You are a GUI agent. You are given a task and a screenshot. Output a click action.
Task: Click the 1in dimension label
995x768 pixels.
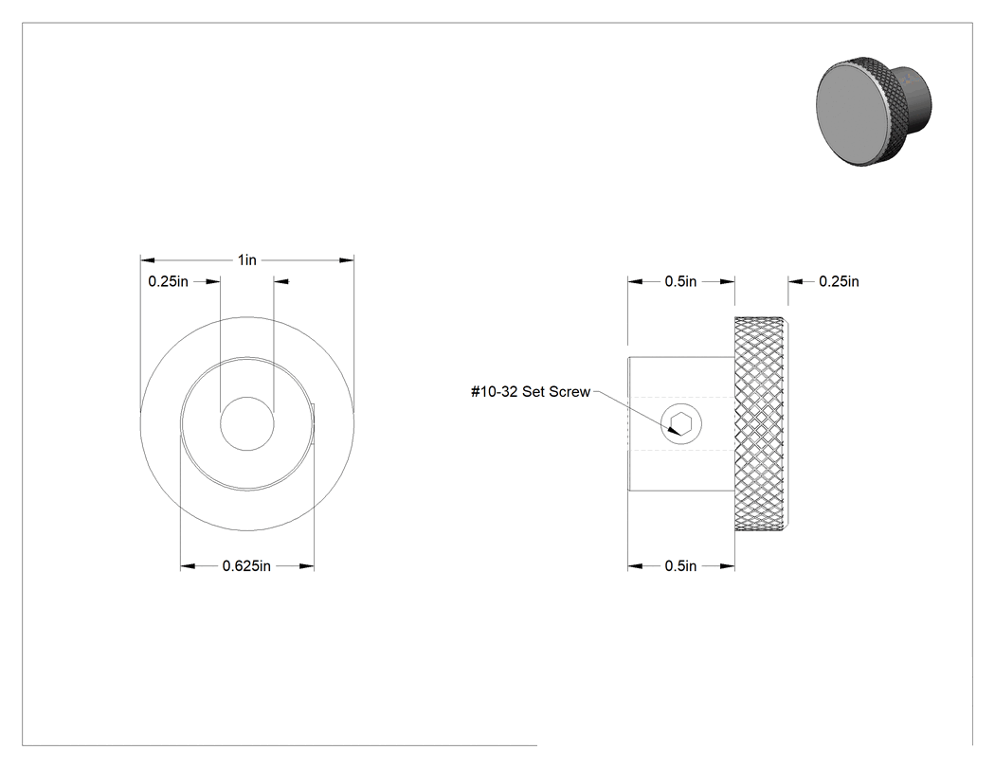(246, 260)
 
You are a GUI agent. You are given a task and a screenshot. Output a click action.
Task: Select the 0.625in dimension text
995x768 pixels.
(246, 565)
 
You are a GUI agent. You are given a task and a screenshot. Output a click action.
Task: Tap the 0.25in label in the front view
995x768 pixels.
(168, 281)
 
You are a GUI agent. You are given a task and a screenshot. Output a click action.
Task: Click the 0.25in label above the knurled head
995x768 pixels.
(839, 281)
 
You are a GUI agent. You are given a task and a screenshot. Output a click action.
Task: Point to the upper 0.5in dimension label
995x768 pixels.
(681, 281)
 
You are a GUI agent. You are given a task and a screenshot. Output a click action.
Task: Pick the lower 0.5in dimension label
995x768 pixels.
(681, 565)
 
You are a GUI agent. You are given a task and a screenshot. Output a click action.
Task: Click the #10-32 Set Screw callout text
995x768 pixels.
(531, 392)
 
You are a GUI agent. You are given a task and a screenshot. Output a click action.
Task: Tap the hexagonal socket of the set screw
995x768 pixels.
(681, 423)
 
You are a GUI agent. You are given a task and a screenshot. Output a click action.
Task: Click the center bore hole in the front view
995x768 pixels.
(246, 423)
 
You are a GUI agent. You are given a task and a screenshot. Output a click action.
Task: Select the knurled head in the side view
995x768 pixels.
(763, 423)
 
